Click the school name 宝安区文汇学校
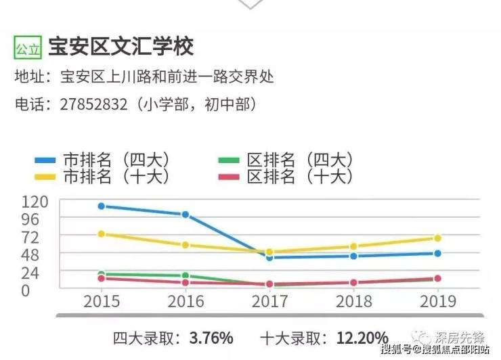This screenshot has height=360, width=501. [x=121, y=47]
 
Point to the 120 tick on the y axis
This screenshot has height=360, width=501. [x=35, y=202]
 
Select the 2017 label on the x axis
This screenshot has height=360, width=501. [x=269, y=301]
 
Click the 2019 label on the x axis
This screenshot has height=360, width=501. [x=437, y=301]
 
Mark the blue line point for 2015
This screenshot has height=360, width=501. [x=102, y=206]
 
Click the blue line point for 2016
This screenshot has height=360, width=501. [x=186, y=215]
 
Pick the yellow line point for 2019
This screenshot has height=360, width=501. [x=437, y=238]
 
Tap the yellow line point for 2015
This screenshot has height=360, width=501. [x=102, y=234]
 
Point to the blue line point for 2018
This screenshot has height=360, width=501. [x=353, y=256]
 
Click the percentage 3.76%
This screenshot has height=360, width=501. [x=211, y=338]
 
